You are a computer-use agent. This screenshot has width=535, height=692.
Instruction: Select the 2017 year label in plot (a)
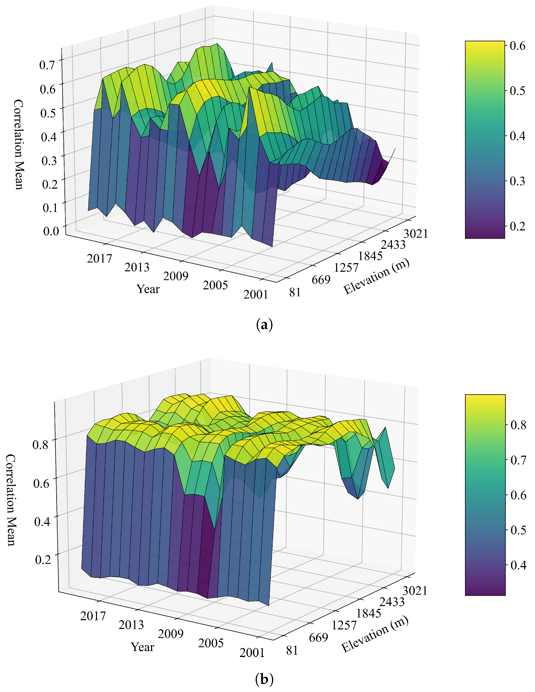tap(99, 259)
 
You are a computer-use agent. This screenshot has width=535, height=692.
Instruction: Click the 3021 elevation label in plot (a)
tap(415, 234)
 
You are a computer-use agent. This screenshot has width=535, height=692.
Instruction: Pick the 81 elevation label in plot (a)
tap(295, 292)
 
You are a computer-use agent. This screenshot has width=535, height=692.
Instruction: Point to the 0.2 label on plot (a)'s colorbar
tap(517, 226)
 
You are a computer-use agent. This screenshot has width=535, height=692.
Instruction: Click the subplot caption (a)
tap(264, 325)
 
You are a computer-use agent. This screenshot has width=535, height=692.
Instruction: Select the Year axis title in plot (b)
tap(143, 647)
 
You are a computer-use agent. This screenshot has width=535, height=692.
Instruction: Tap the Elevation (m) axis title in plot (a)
tap(376, 276)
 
